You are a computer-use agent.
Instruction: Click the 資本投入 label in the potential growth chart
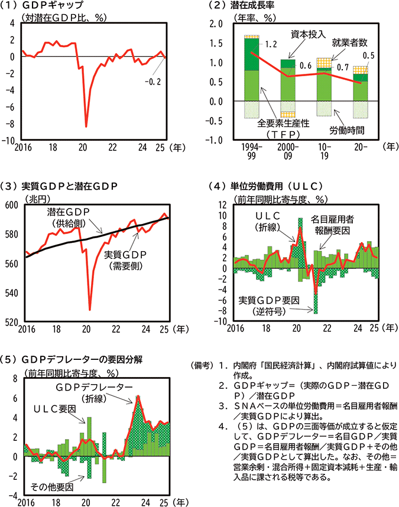click(308, 34)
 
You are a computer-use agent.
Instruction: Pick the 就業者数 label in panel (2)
click(350, 43)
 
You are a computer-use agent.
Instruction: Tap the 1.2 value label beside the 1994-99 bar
click(271, 44)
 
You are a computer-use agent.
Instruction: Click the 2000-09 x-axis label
click(287, 149)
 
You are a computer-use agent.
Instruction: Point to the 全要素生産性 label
click(280, 125)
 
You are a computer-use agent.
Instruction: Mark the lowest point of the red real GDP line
click(90, 309)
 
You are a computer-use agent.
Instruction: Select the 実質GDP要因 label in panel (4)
click(268, 300)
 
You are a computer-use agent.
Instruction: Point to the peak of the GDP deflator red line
click(137, 396)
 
